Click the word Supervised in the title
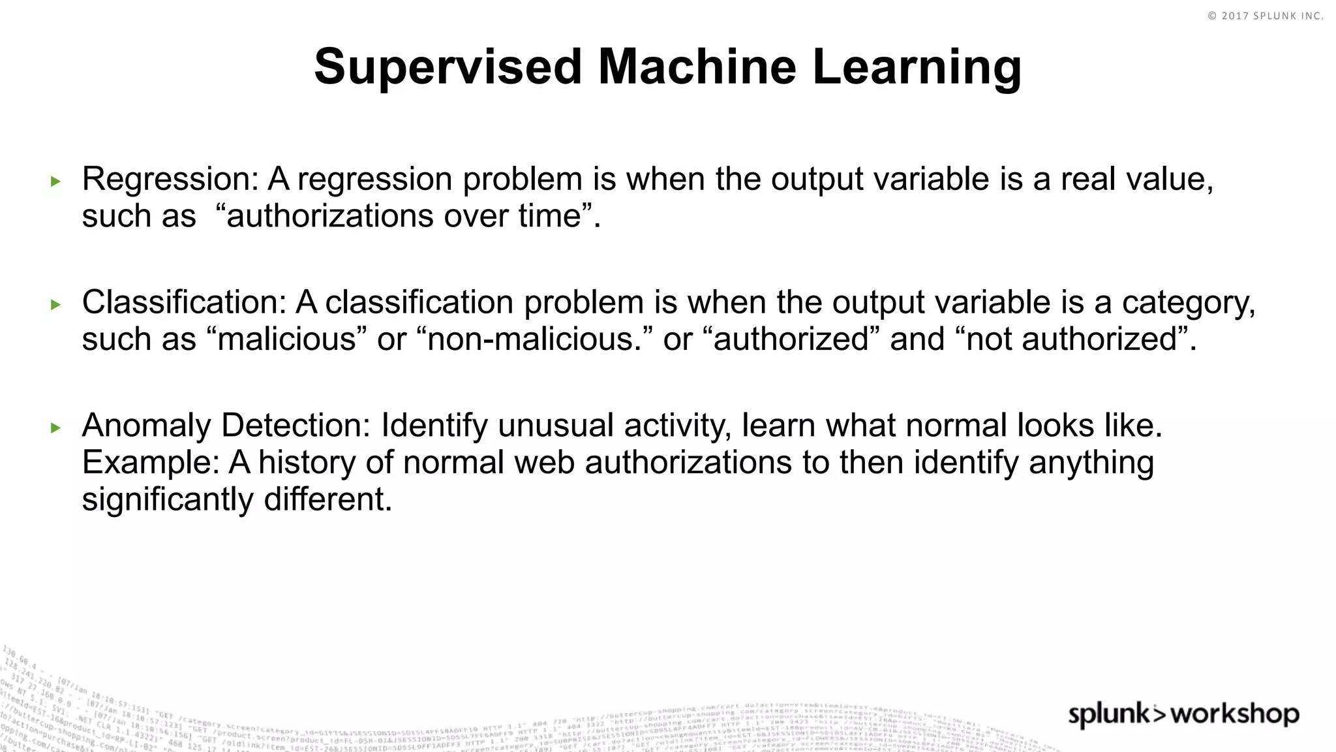coord(448,67)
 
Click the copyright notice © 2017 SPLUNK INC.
coord(1266,16)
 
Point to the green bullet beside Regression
coord(55,181)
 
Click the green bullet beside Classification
coord(55,305)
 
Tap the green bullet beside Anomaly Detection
coord(55,428)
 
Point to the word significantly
coord(168,501)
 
